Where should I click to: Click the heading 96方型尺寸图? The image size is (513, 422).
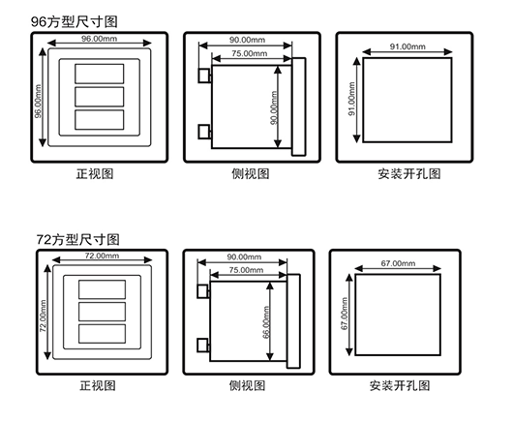pos(74,22)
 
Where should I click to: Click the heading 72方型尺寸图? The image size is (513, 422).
pos(77,240)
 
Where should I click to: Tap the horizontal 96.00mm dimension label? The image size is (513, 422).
pos(99,39)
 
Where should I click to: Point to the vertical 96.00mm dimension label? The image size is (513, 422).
pos(39,101)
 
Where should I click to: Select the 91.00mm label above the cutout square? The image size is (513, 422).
pos(407,46)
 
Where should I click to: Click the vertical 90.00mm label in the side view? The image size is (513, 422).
pos(274,107)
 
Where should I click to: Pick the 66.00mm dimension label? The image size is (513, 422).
pos(266,322)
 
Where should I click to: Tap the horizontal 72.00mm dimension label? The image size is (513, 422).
pos(102,256)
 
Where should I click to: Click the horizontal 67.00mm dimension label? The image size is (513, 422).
pos(398,263)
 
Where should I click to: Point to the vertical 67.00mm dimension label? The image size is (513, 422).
pos(345,314)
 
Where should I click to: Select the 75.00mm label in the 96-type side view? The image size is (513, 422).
pos(250,53)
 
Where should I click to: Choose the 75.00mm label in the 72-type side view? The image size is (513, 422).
pos(246,270)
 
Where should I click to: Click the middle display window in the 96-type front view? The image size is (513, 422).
pos(100,97)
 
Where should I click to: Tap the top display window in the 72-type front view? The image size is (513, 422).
pos(102,289)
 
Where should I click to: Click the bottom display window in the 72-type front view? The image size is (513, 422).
pos(102,334)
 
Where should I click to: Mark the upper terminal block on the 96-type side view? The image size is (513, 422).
pos(204,75)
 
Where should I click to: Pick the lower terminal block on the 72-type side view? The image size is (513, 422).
pos(203,346)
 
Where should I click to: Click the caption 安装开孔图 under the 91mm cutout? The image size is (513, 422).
pos(409,173)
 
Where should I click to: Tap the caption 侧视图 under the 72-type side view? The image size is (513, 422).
pos(247,385)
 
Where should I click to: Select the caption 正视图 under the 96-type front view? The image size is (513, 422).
pos(95,173)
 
